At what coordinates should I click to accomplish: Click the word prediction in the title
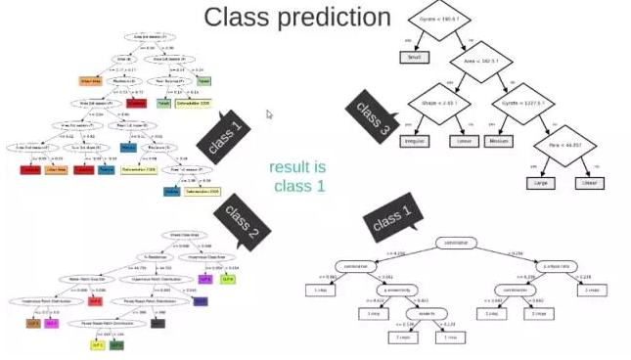(x=336, y=18)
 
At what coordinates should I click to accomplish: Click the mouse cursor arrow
(x=269, y=113)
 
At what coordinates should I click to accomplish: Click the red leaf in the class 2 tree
(x=96, y=302)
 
